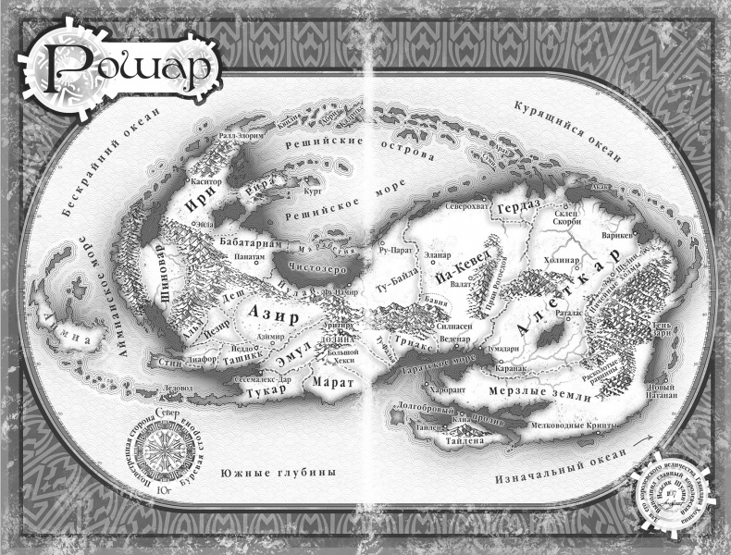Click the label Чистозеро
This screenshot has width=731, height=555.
click(320, 267)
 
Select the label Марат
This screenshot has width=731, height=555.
click(328, 381)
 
